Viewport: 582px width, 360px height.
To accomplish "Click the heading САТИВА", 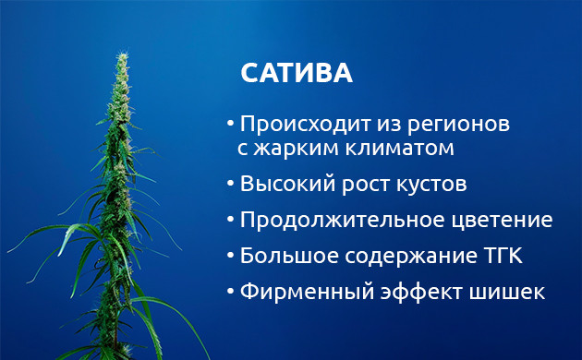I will (296, 74).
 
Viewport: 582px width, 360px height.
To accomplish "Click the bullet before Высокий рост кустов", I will (230, 183).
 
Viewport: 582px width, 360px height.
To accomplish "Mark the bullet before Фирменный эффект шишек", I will (230, 292).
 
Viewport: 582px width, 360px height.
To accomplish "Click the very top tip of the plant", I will (121, 54).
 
